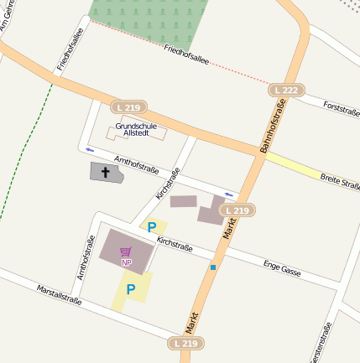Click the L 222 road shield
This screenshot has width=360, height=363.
pyautogui.click(x=284, y=89)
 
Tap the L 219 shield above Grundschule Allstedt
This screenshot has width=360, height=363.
pyautogui.click(x=128, y=106)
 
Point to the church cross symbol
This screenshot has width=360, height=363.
pyautogui.click(x=106, y=173)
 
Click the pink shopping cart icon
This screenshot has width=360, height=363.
pyautogui.click(x=126, y=252)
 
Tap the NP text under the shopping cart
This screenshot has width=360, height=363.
pyautogui.click(x=126, y=262)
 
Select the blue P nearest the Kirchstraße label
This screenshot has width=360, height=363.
pyautogui.click(x=152, y=226)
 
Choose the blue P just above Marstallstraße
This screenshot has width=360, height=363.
pyautogui.click(x=130, y=289)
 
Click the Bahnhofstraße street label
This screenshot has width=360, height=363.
pyautogui.click(x=274, y=126)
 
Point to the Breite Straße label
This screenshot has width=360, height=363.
pyautogui.click(x=339, y=182)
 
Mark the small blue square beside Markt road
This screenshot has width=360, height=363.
pyautogui.click(x=213, y=267)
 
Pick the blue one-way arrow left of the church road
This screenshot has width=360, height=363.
pyautogui.click(x=90, y=149)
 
